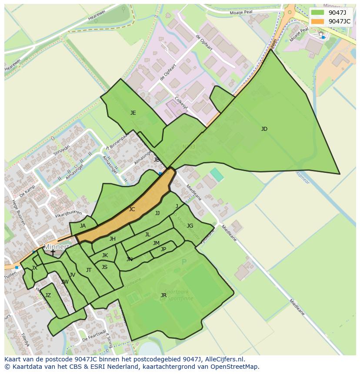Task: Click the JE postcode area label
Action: (133, 113)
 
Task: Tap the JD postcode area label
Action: (264, 129)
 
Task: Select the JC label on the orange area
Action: (132, 209)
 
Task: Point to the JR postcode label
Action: (163, 295)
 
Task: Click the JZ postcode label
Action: (48, 295)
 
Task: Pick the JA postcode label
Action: (83, 226)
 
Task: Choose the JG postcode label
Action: (190, 226)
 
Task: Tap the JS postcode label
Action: (104, 267)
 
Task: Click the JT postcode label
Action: (89, 270)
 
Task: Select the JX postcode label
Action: (34, 268)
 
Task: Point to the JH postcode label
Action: (113, 239)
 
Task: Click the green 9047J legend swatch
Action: (318, 13)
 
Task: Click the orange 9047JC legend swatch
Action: (318, 21)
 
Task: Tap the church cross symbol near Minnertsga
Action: (53, 252)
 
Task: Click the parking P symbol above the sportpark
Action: (184, 262)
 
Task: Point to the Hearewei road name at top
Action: (97, 15)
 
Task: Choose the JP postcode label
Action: (163, 249)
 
